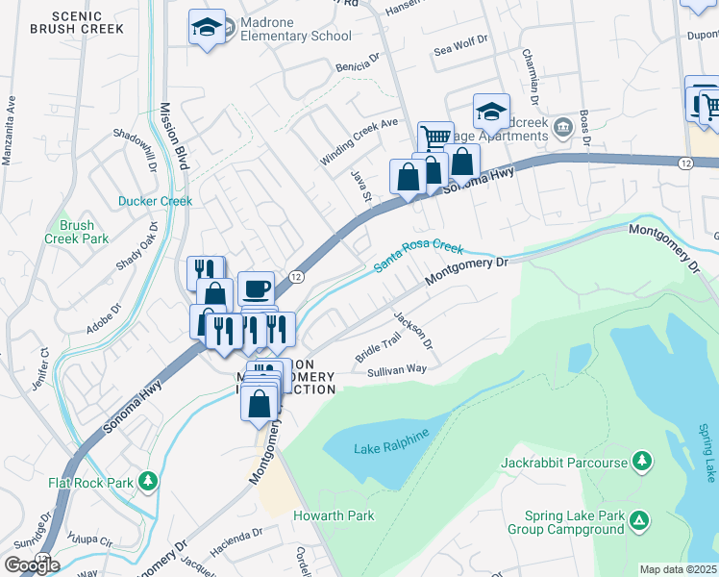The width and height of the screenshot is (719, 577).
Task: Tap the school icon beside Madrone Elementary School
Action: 207,27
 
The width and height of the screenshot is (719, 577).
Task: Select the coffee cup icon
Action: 256,288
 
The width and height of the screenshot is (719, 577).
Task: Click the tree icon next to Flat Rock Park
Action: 147,479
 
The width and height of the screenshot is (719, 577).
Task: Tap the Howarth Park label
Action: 335,516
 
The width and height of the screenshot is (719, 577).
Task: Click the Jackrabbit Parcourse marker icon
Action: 642,463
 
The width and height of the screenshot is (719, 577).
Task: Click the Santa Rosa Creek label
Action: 419,255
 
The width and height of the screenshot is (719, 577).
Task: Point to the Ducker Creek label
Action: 155,202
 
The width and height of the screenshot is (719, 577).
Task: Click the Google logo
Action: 32,564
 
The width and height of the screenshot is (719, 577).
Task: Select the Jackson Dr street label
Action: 414,331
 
